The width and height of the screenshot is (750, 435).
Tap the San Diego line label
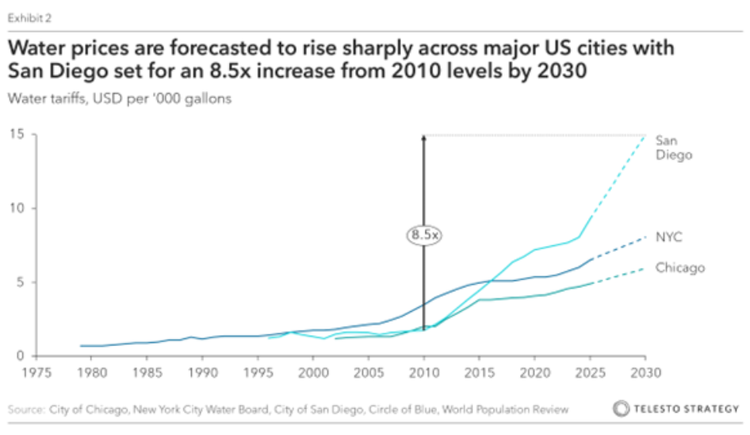673,148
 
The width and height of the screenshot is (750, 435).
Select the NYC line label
668,237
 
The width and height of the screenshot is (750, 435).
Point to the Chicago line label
679,268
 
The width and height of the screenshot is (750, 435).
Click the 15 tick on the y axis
16,135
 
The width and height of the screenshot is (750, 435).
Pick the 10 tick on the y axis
16,209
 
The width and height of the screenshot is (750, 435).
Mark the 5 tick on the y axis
19,283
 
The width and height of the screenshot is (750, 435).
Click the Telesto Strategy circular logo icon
622,410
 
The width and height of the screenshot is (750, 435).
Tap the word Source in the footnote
25,410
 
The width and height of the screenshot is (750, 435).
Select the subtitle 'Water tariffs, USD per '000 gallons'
122,99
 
